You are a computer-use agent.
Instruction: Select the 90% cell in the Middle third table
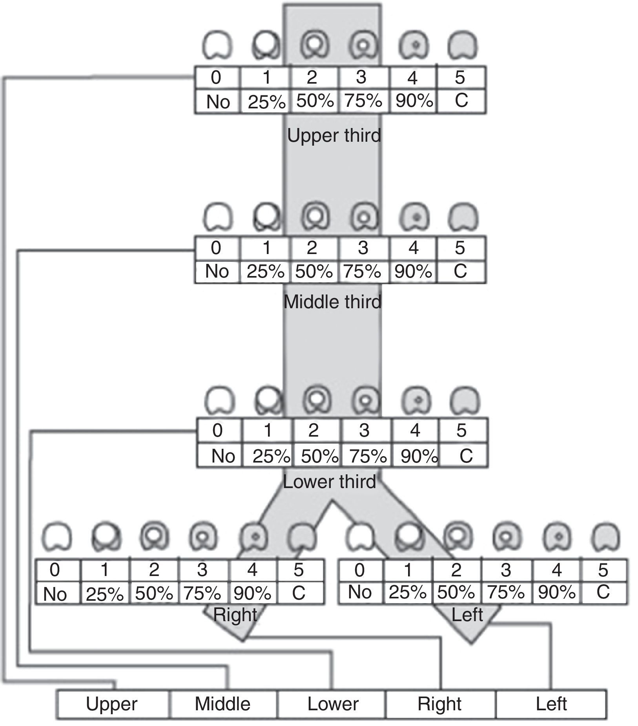pyautogui.click(x=413, y=271)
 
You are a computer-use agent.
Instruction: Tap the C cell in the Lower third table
pyautogui.click(x=466, y=456)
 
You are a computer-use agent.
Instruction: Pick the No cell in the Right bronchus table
pyautogui.click(x=55, y=594)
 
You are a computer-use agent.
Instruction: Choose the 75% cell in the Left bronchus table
pyautogui.click(x=506, y=592)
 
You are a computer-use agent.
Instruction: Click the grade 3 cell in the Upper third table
pyautogui.click(x=361, y=77)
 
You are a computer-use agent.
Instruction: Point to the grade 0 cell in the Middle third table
pyautogui.click(x=216, y=248)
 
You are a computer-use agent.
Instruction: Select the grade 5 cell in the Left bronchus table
pyautogui.click(x=603, y=570)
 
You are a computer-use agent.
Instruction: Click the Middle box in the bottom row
pyautogui.click(x=222, y=704)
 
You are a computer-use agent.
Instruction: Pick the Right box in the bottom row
pyautogui.click(x=439, y=704)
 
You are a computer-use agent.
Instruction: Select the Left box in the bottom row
pyautogui.click(x=551, y=704)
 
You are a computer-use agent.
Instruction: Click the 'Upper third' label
pyautogui.click(x=334, y=135)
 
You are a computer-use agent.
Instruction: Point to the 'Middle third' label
pyautogui.click(x=332, y=302)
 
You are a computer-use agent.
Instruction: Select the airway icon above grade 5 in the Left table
pyautogui.click(x=606, y=536)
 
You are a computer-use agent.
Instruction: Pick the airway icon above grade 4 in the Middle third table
pyautogui.click(x=415, y=216)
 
